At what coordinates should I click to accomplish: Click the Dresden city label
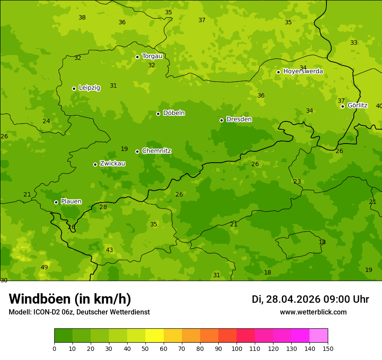(239, 119)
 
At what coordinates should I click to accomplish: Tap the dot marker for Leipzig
(74, 88)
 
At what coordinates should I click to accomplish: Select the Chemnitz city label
(156, 151)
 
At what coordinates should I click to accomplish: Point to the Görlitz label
(357, 105)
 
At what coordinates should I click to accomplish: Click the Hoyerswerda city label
(303, 72)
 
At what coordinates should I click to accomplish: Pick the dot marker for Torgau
(137, 57)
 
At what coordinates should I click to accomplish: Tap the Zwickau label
(112, 164)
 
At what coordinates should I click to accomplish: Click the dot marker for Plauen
(56, 202)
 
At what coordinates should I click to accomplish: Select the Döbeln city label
(174, 113)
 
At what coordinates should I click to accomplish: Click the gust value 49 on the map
(44, 267)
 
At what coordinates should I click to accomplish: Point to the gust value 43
(109, 250)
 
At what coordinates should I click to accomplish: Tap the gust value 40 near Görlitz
(379, 106)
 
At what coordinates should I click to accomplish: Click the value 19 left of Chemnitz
(124, 149)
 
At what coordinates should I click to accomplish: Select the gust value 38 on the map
(82, 17)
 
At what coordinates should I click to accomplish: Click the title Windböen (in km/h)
(70, 299)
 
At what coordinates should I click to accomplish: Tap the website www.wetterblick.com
(313, 312)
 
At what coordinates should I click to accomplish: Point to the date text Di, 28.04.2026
(286, 299)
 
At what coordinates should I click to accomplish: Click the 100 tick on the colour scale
(237, 348)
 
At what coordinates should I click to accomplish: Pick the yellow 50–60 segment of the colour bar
(155, 336)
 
